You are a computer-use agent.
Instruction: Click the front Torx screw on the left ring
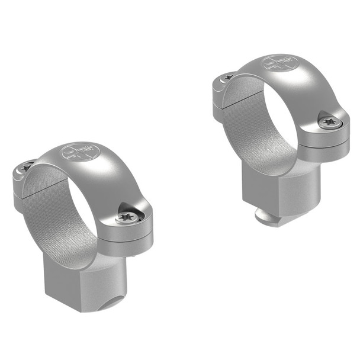click(127, 217)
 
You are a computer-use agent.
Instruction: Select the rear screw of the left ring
click(27, 168)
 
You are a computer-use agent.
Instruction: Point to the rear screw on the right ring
click(229, 77)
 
